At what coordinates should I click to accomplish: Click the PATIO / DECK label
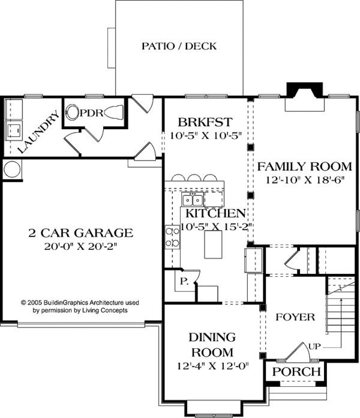179,46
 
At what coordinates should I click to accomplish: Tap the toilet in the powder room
74,112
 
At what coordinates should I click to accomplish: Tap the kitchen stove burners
172,237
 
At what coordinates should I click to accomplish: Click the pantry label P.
180,280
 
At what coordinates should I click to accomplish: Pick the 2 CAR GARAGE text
80,232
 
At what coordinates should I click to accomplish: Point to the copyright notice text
80,307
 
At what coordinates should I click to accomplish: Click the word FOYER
295,317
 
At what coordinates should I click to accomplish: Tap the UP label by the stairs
313,346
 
